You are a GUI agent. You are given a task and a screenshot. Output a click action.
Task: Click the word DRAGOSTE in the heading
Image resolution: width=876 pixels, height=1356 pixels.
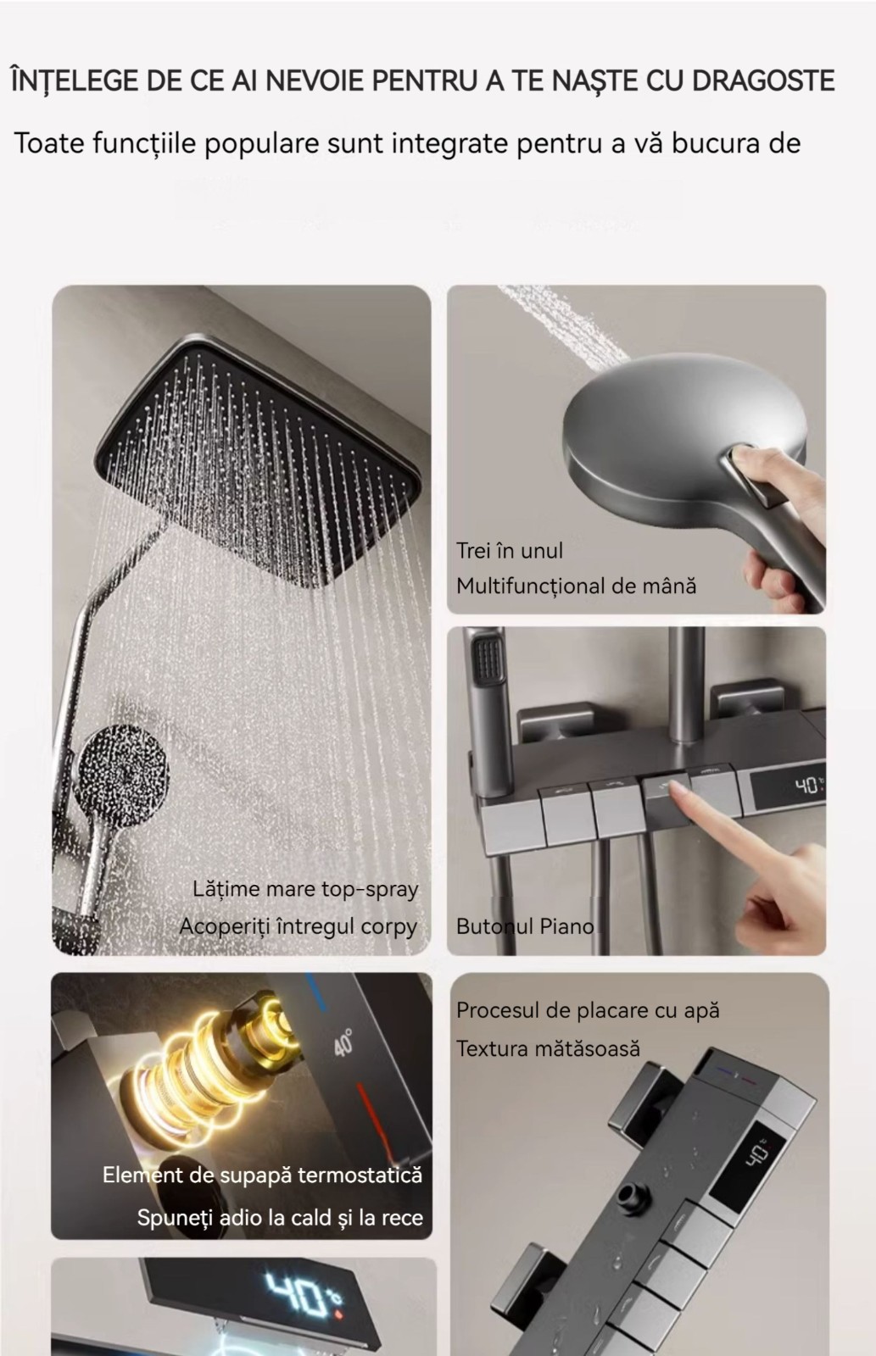[762, 81]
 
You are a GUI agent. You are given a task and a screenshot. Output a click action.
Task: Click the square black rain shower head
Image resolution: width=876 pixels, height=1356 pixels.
[258, 461]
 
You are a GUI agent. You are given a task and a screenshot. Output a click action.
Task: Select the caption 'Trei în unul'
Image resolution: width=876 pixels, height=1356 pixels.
[509, 550]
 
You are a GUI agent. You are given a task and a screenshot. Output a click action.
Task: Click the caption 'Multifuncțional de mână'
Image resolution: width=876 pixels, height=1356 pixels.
[576, 586]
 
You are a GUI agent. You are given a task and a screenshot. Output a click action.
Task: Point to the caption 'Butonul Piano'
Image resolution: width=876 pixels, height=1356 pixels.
[525, 926]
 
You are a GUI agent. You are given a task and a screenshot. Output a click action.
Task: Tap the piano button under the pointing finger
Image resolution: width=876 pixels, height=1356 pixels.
[667, 795]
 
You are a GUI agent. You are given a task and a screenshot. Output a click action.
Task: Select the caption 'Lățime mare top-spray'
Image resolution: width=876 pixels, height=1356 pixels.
[305, 889]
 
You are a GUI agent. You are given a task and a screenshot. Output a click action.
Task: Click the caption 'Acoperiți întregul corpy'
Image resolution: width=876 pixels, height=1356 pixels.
[298, 927]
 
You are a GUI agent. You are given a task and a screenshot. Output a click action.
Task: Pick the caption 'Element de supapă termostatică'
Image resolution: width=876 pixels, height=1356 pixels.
[262, 1175]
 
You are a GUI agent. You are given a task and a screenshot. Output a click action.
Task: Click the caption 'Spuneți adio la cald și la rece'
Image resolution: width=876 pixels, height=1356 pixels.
[280, 1217]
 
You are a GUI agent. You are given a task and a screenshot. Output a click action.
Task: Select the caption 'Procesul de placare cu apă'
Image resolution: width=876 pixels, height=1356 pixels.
[588, 1010]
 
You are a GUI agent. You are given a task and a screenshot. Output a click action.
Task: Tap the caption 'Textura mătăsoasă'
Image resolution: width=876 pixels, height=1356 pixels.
[548, 1048]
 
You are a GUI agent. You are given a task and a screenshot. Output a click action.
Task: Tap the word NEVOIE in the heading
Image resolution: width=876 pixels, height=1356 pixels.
[310, 81]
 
